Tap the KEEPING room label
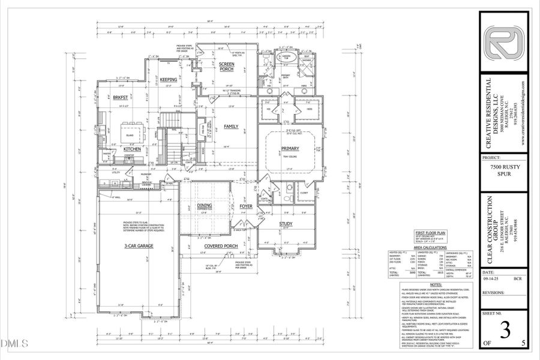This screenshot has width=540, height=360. point(168,79)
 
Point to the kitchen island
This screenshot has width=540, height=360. point(133,130)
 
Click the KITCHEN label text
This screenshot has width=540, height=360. point(132,149)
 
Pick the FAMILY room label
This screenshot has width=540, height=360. point(231,127)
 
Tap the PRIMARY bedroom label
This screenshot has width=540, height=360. point(290,148)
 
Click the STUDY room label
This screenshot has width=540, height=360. point(284,224)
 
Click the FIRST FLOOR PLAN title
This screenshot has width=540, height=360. point(428,232)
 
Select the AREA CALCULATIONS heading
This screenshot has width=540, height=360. point(430,247)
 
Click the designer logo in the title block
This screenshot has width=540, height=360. point(503,43)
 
